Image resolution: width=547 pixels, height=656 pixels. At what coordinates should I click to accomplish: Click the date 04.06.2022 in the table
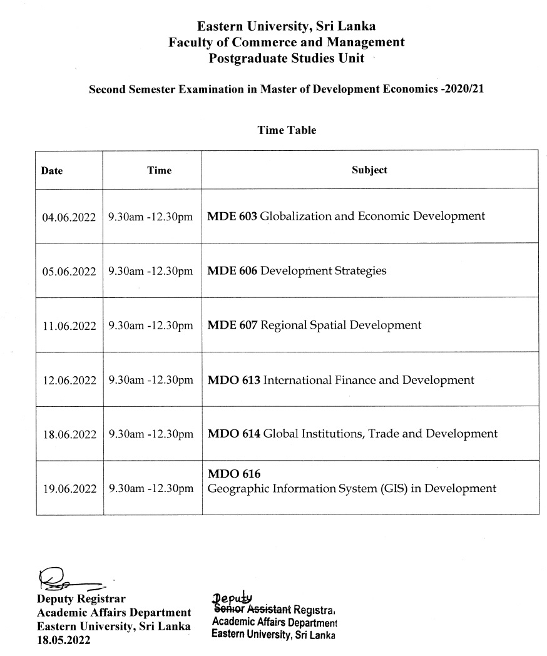click(69, 217)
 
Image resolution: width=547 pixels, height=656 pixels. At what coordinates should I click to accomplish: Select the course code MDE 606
click(232, 271)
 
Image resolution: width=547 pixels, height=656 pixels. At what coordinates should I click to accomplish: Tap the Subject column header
click(369, 170)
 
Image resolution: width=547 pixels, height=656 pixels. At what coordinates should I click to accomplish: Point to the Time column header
click(159, 170)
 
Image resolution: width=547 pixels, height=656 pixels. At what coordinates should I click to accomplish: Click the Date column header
click(52, 170)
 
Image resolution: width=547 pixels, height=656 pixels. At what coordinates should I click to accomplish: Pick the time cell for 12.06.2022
click(151, 380)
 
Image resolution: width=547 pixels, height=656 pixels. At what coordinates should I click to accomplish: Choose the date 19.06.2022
click(69, 489)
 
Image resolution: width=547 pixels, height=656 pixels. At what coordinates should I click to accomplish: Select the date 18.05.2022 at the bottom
click(63, 640)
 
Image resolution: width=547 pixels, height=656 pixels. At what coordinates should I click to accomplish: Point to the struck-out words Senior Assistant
click(252, 608)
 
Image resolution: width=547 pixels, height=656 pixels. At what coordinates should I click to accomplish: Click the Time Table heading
click(287, 130)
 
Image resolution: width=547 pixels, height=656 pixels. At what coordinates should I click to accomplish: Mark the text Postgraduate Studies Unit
click(287, 58)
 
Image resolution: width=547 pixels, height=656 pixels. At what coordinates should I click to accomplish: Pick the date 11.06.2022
click(69, 325)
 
